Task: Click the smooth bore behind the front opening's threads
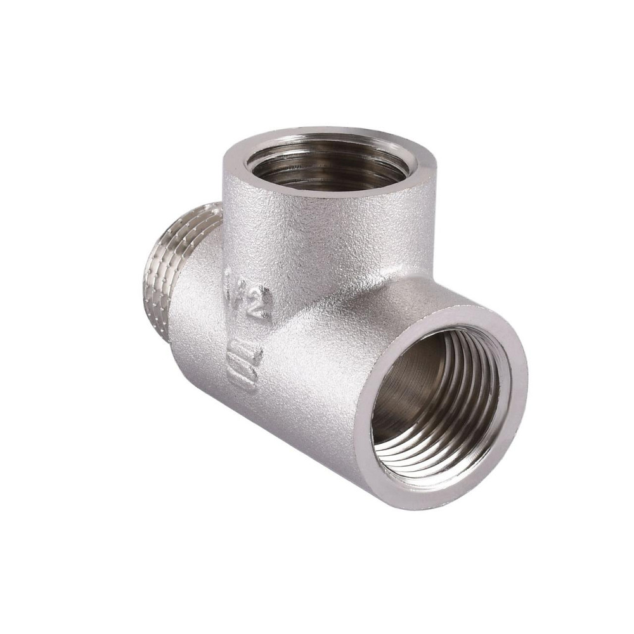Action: point(406,380)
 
